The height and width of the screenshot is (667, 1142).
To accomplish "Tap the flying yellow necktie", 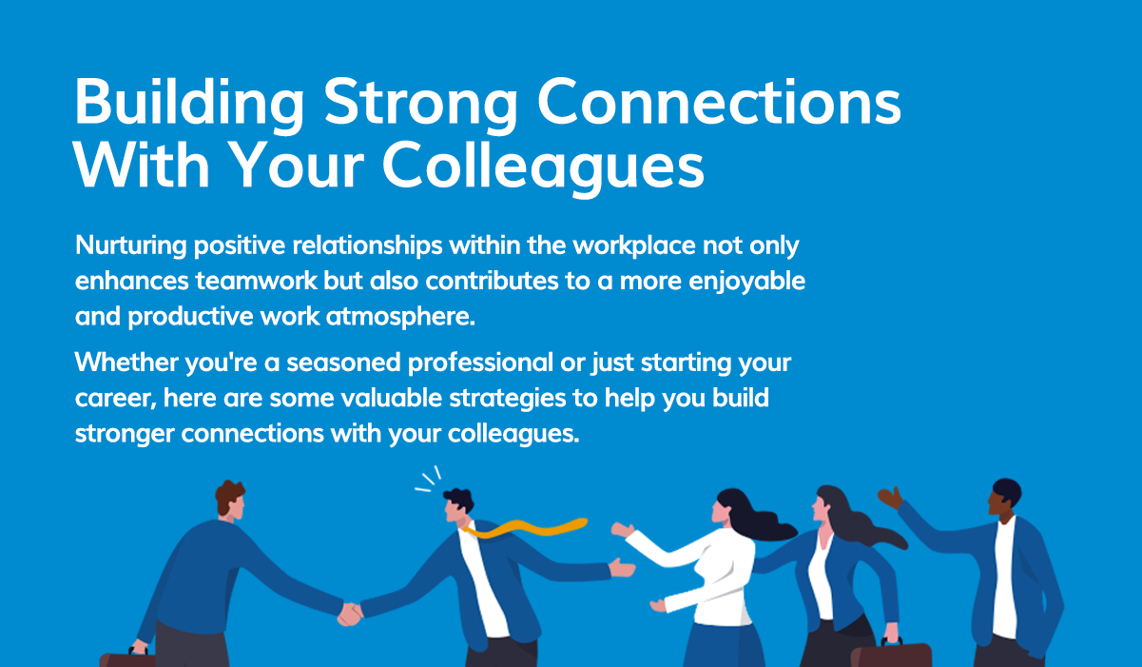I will coord(532,527).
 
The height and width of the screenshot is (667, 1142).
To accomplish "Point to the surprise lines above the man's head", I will coord(429,480).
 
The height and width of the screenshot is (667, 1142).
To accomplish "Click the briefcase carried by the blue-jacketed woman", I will coord(890,656).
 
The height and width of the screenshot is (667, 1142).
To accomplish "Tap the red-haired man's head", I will coord(229,500).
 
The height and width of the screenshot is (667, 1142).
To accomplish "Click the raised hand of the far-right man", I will coord(890,498).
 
